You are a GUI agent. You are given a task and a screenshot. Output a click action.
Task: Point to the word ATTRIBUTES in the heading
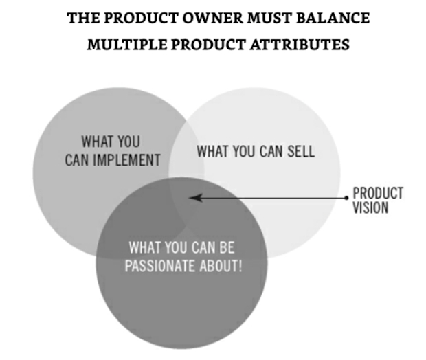pyautogui.click(x=300, y=45)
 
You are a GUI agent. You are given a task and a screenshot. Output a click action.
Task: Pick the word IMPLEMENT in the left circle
pyautogui.click(x=126, y=160)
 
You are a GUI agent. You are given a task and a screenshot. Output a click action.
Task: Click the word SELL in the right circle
pyautogui.click(x=301, y=151)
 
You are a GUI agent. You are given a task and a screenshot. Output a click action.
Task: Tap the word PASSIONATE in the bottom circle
pyautogui.click(x=160, y=265)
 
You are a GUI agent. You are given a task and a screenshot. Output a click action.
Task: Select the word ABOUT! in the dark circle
pyautogui.click(x=221, y=265)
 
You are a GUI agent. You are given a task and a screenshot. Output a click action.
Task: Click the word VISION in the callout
pyautogui.click(x=370, y=207)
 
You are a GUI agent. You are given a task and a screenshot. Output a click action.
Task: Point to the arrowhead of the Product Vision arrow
pyautogui.click(x=196, y=198)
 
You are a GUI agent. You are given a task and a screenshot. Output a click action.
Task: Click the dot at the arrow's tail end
pyautogui.click(x=346, y=198)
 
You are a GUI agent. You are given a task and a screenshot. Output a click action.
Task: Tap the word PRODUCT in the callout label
pyautogui.click(x=378, y=193)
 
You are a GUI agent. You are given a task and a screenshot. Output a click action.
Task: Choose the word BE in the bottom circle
pyautogui.click(x=227, y=247)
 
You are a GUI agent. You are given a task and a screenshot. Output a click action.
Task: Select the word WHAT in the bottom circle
pyautogui.click(x=145, y=247)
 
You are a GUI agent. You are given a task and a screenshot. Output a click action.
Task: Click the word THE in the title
pyautogui.click(x=84, y=18)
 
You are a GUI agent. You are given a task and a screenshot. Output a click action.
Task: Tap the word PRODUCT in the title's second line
pyautogui.click(x=208, y=45)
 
